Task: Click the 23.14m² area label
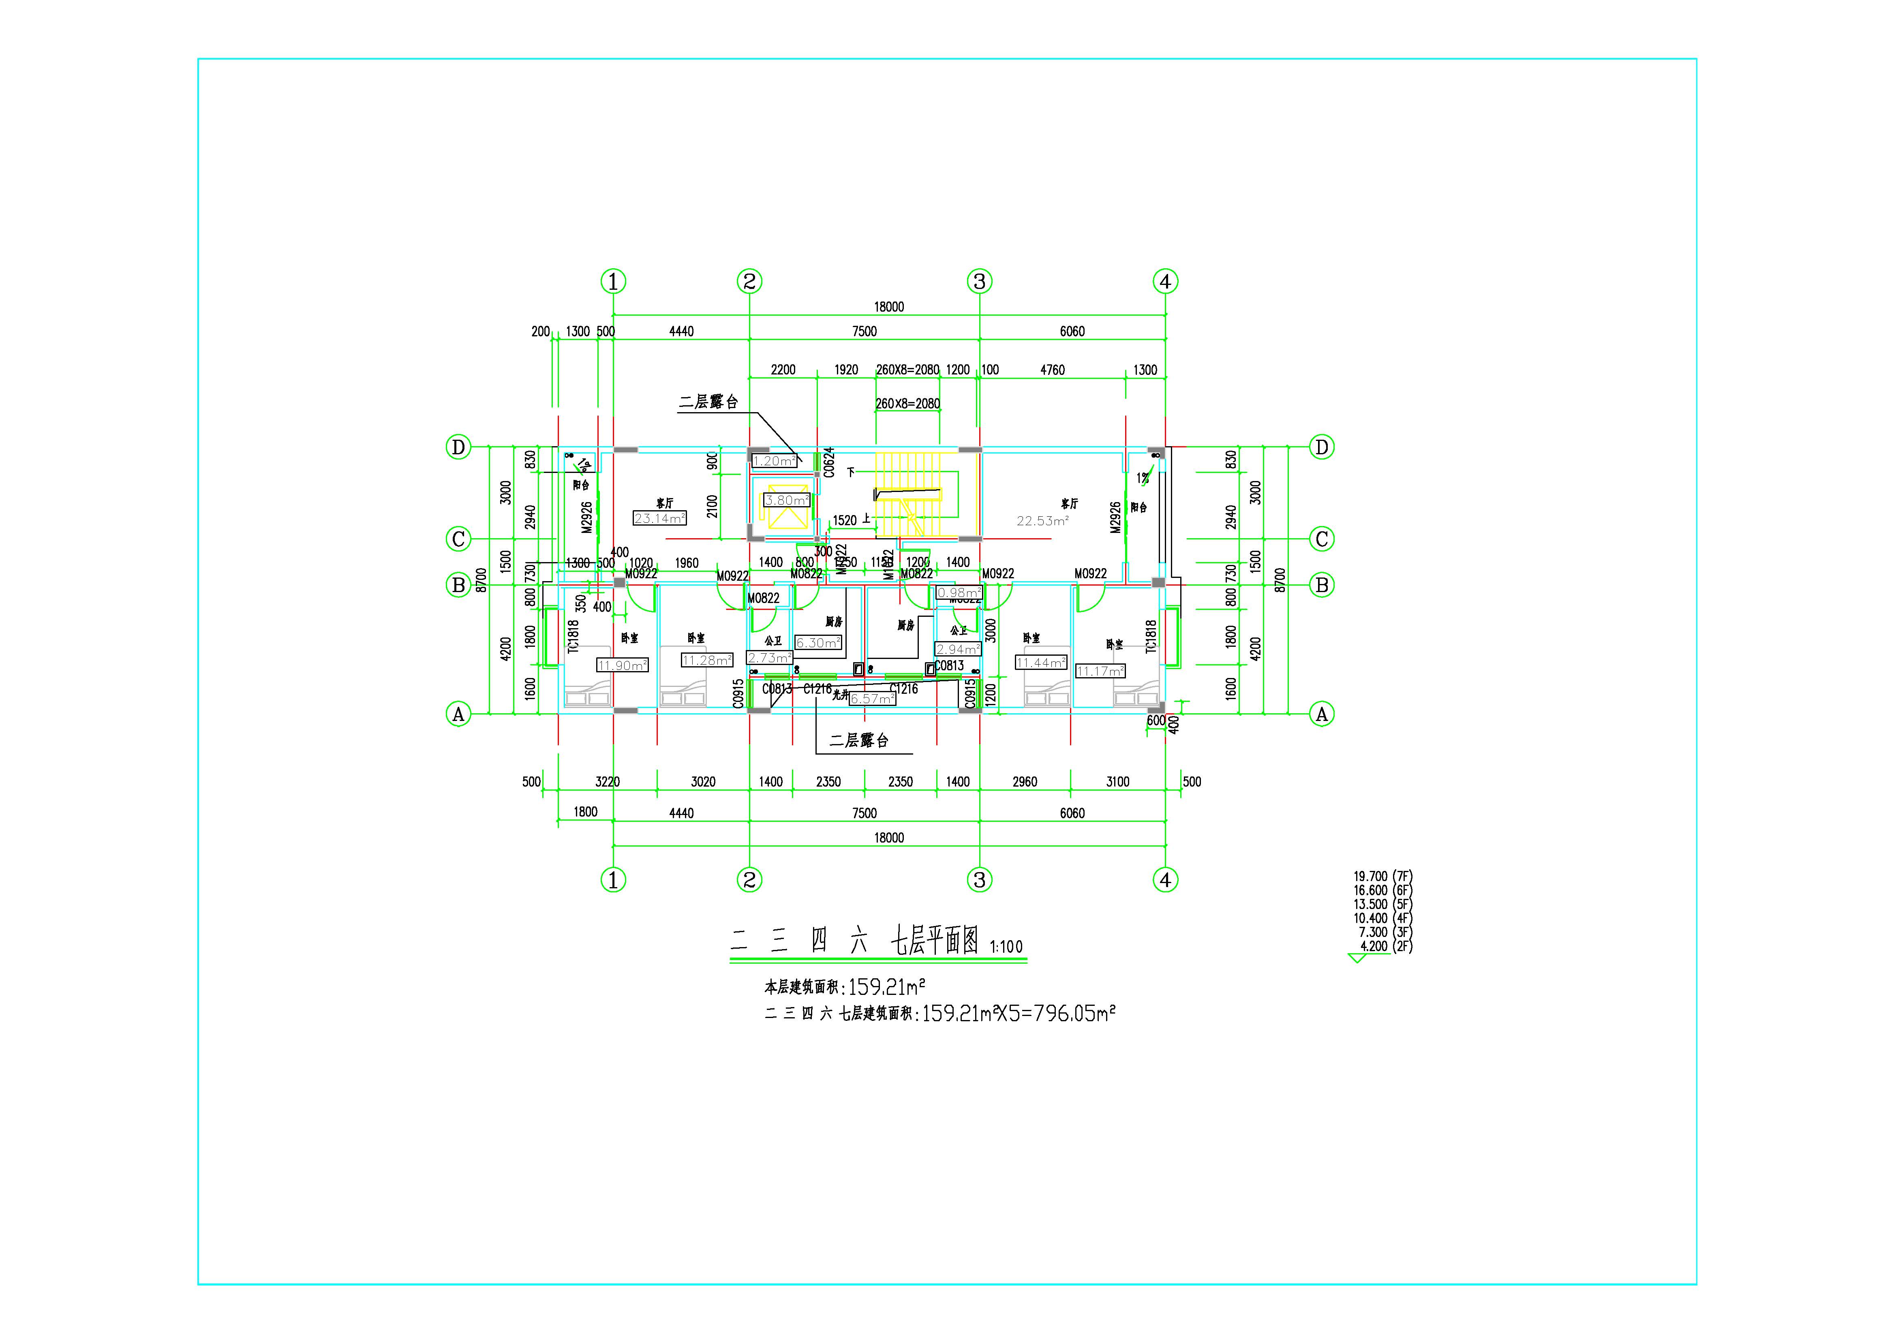pyautogui.click(x=659, y=519)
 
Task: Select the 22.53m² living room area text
pyautogui.click(x=1042, y=521)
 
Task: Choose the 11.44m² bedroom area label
pyautogui.click(x=1040, y=662)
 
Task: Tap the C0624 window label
pyautogui.click(x=829, y=462)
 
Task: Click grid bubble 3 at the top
pyautogui.click(x=979, y=282)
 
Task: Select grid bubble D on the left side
pyautogui.click(x=458, y=447)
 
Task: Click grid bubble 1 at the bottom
pyautogui.click(x=613, y=880)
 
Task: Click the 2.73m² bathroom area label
pyautogui.click(x=769, y=658)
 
